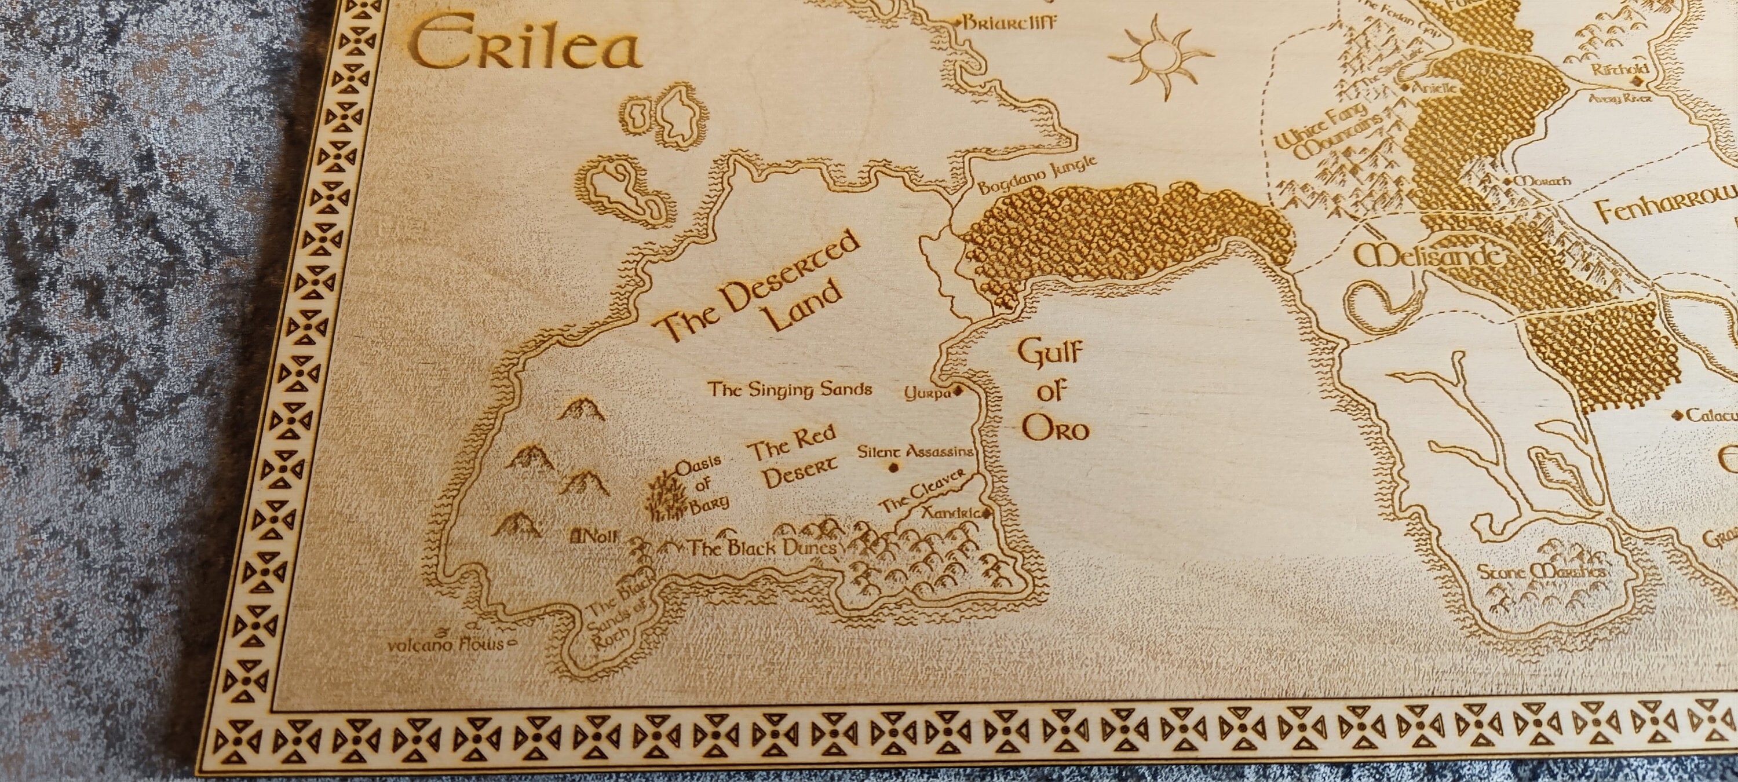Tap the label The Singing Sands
790,389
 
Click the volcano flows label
447,644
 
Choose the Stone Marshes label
1540,572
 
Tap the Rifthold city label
1620,70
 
